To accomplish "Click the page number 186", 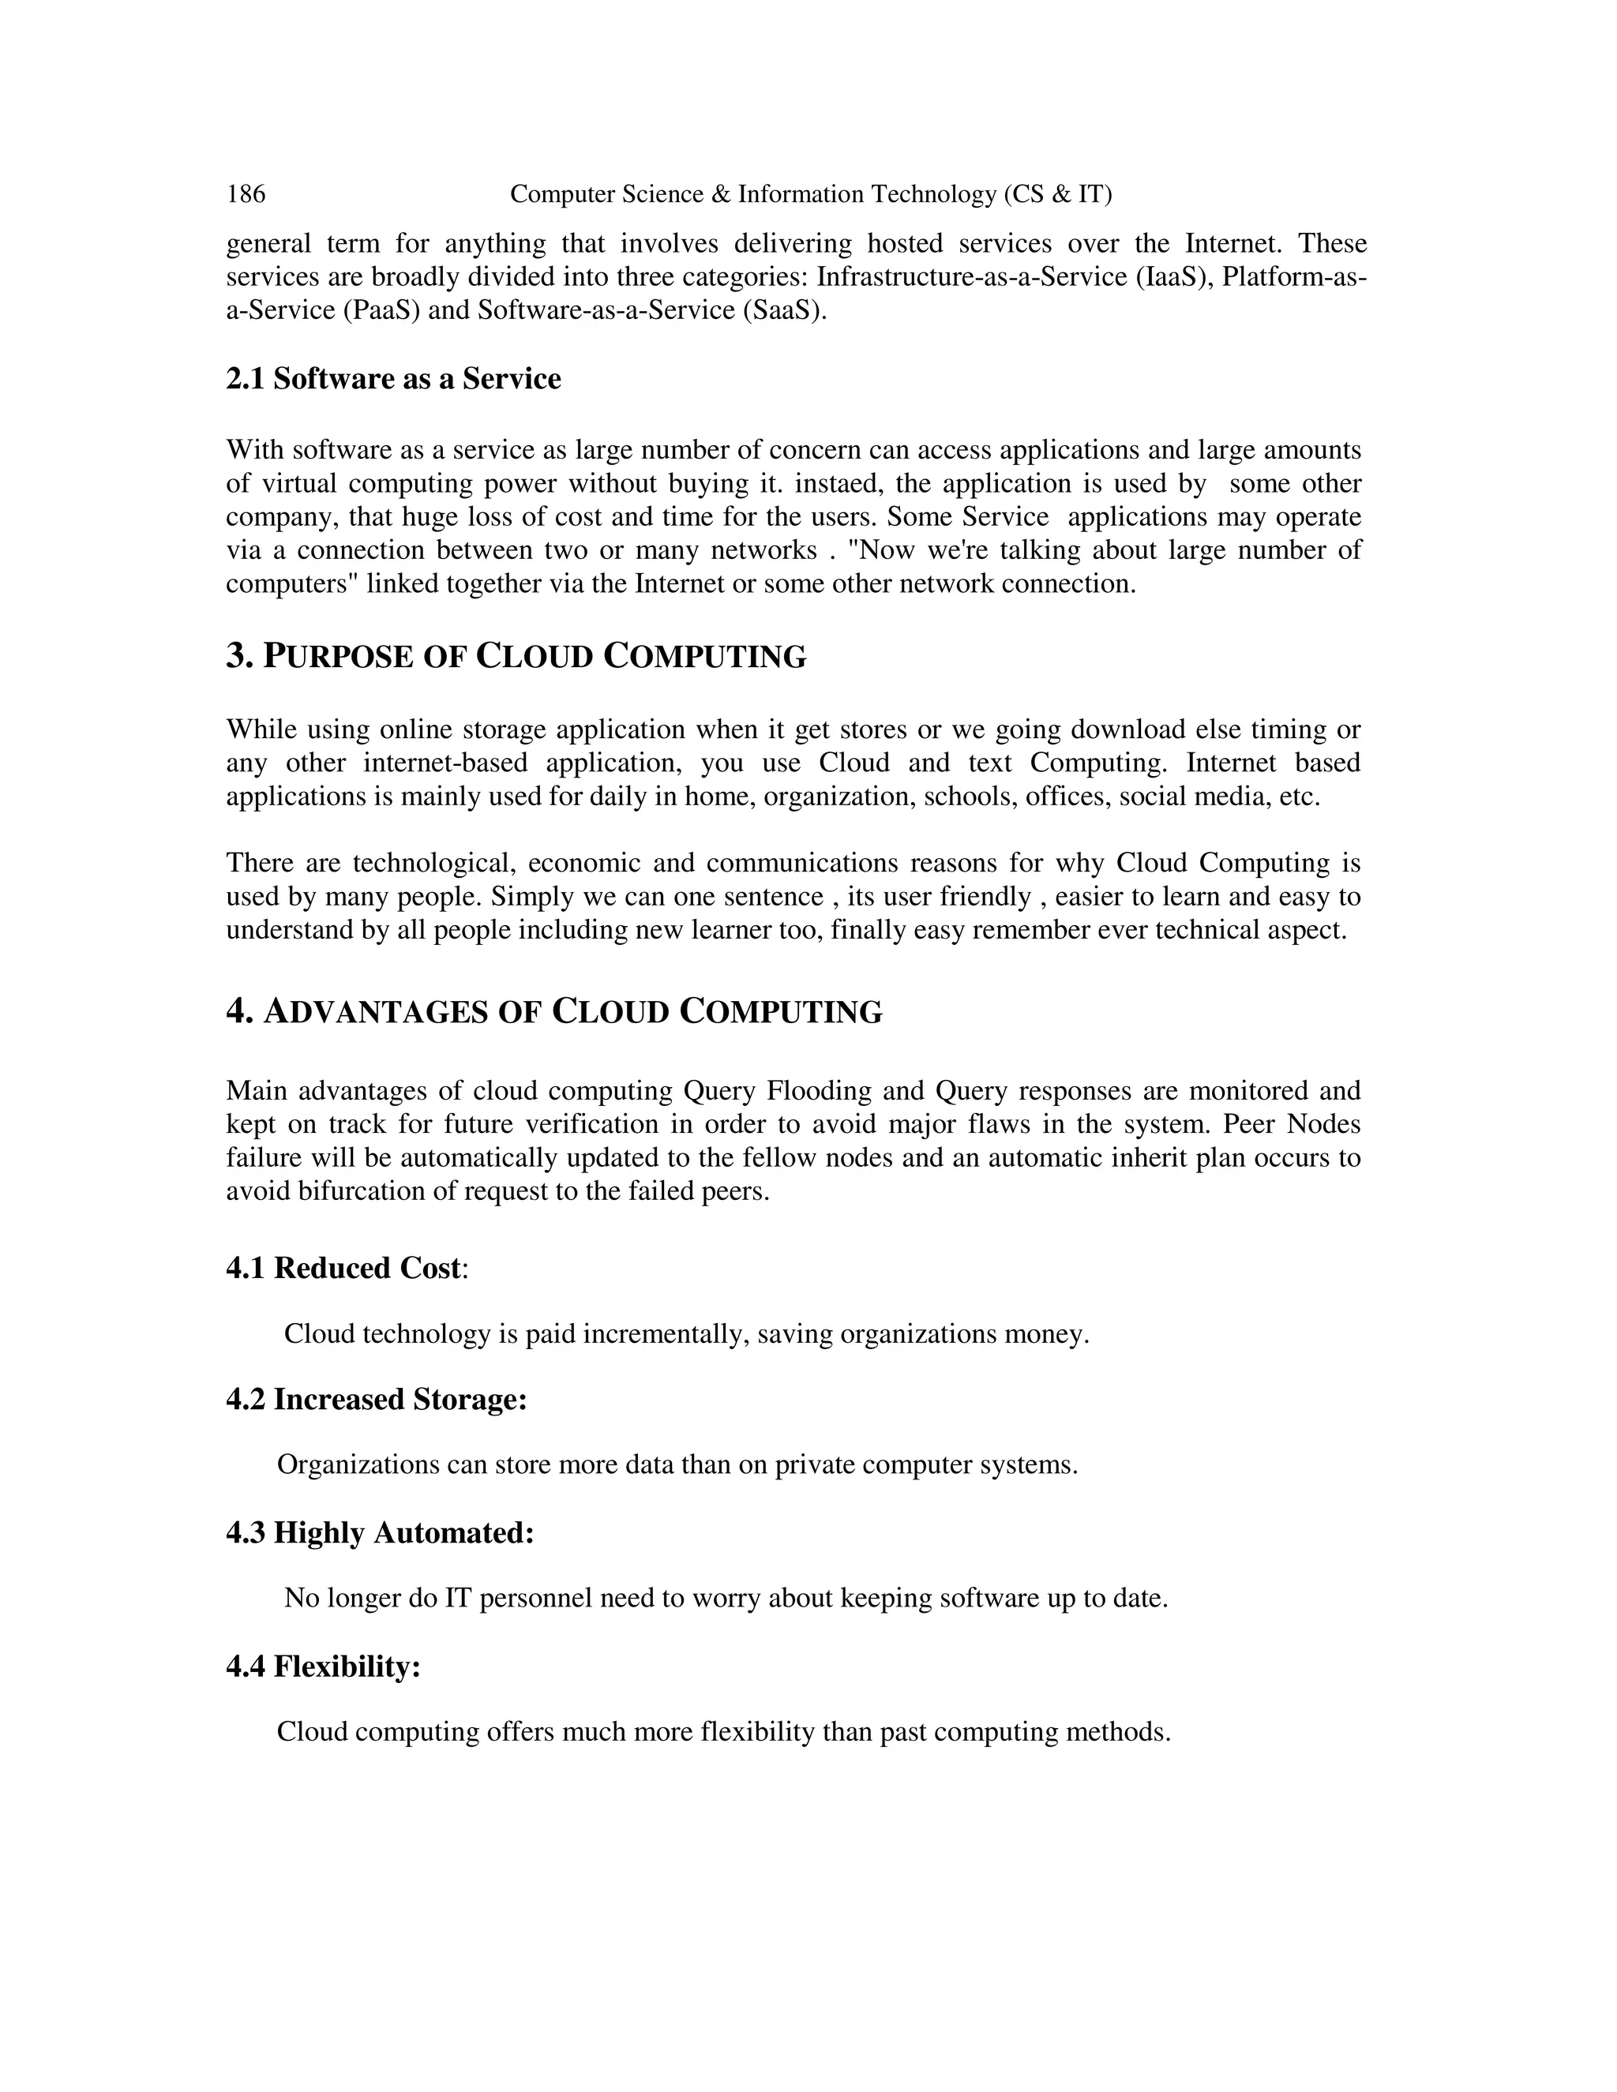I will [246, 194].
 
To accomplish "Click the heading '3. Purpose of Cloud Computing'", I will [516, 657].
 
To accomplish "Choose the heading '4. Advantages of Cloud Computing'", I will [553, 1013].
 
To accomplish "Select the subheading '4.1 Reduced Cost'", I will [345, 1269].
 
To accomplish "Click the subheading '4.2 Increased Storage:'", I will [377, 1400].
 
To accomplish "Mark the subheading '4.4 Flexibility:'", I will [324, 1666].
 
